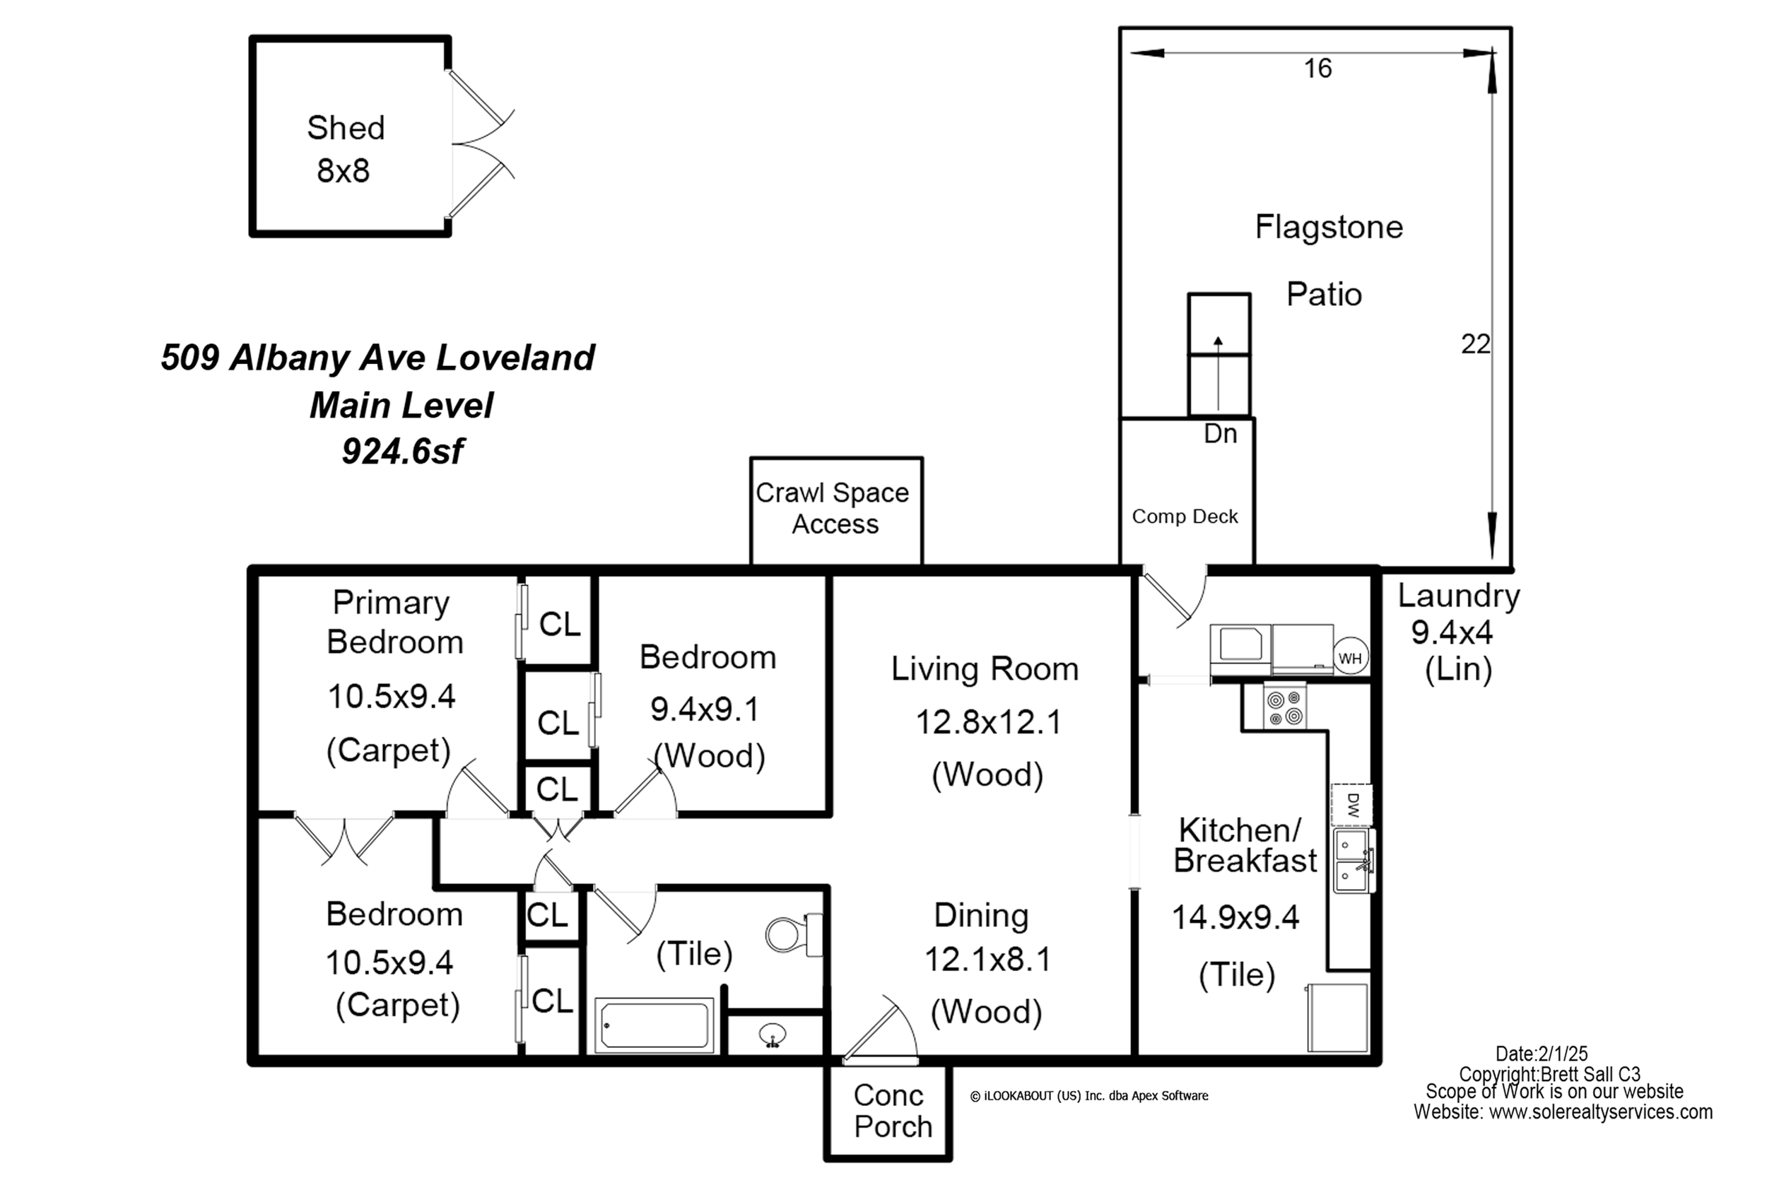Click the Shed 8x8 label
(x=346, y=149)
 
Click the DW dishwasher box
(x=1352, y=805)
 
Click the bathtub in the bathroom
(x=654, y=1025)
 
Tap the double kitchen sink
(x=1354, y=860)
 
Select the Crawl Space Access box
(x=836, y=510)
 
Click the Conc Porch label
(x=893, y=1111)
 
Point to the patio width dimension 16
(x=1317, y=69)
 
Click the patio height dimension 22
(x=1475, y=344)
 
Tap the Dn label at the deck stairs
(x=1220, y=433)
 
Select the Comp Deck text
(x=1185, y=516)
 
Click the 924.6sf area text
(x=404, y=452)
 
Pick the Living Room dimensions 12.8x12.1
(x=988, y=722)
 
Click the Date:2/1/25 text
(x=1542, y=1054)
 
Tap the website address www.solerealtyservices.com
(x=1601, y=1112)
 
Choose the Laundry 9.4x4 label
(x=1458, y=614)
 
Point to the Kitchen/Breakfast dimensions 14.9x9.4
(x=1236, y=917)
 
